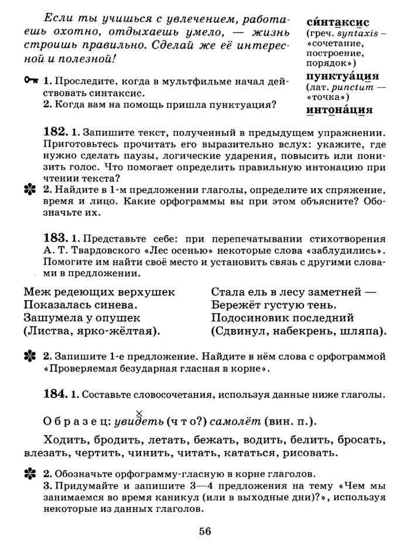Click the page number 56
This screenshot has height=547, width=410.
pos(204,531)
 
